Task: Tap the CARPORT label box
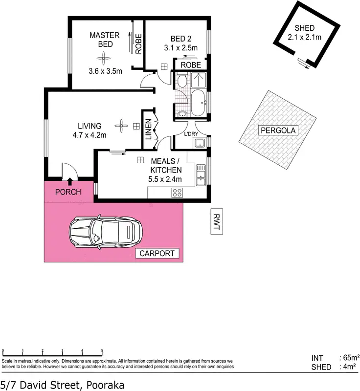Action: pos(157,253)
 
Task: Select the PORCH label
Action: pos(67,192)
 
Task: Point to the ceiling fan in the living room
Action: pos(120,126)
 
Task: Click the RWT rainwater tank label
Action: pos(216,221)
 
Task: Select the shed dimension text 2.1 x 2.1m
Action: pos(304,37)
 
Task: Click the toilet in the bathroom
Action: pos(181,80)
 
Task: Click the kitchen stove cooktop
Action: pos(177,193)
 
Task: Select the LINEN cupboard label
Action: pos(149,130)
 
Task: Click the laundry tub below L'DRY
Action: pos(200,144)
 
